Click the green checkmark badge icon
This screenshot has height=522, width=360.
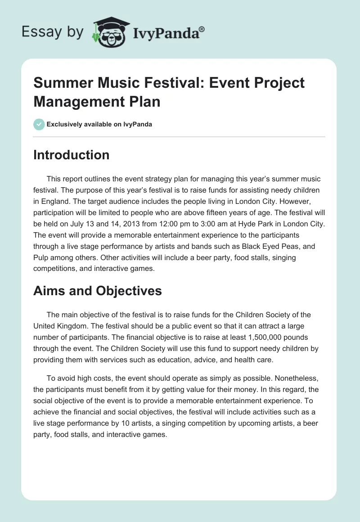tap(39, 124)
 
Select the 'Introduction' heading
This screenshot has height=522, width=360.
tap(72, 155)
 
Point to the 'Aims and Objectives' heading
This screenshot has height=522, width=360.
tap(98, 291)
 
